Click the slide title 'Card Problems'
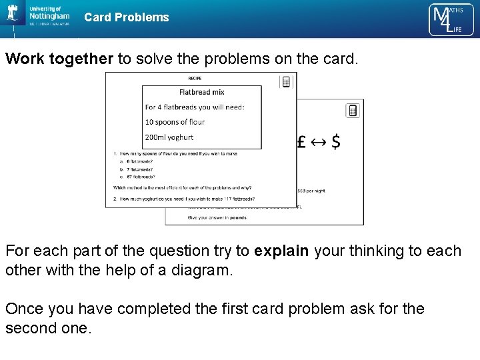point(127,17)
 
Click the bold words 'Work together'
point(59,59)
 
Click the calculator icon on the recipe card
point(287,81)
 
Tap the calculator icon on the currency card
point(353,110)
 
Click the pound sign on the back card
point(301,142)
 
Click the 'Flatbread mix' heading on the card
point(202,92)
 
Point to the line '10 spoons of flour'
point(175,122)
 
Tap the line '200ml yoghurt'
point(169,137)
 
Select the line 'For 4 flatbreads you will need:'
point(195,107)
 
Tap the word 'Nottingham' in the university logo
point(49,15)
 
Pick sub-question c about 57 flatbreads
point(136,177)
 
